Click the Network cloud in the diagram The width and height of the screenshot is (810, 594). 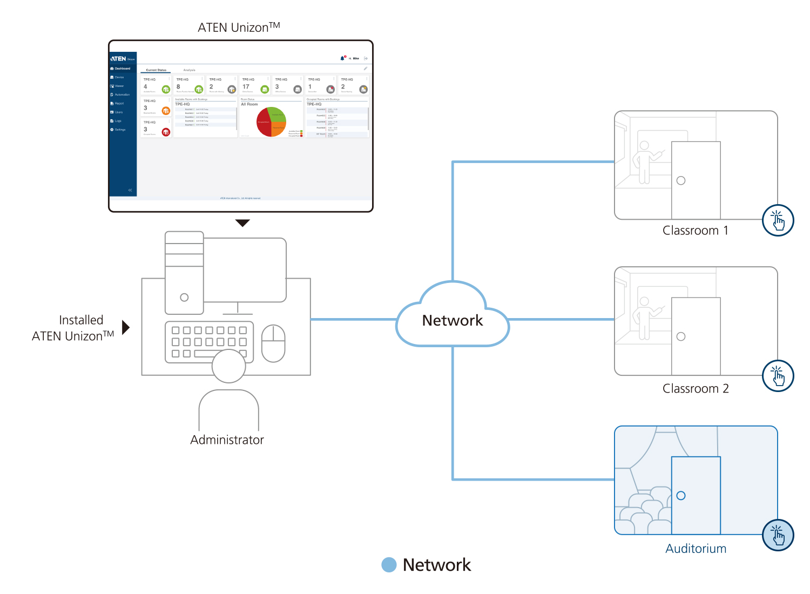[453, 320]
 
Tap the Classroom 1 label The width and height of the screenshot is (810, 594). [696, 231]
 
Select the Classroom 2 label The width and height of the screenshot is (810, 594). [696, 389]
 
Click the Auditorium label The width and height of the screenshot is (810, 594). [696, 549]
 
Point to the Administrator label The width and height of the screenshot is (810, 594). [227, 440]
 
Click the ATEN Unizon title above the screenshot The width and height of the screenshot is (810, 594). [239, 27]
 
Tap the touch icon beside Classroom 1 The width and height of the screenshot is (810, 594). [778, 220]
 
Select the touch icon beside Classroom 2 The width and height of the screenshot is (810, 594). [778, 376]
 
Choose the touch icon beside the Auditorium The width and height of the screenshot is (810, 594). [778, 535]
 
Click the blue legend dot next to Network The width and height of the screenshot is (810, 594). [389, 565]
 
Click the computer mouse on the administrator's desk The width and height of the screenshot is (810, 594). [273, 343]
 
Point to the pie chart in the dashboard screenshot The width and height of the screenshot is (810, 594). [271, 122]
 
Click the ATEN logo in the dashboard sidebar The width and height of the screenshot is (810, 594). [119, 58]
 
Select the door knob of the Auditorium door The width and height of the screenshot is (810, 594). [681, 496]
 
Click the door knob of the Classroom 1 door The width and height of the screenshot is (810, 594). [681, 180]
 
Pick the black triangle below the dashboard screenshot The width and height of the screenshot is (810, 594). [243, 222]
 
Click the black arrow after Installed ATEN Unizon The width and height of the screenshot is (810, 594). [126, 327]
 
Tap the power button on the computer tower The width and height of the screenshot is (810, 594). [184, 298]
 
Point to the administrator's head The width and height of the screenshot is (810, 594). [229, 366]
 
